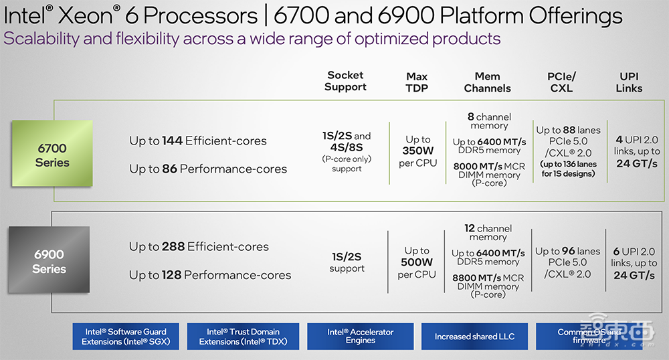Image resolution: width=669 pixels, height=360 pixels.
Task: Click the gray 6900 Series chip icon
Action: (49, 260)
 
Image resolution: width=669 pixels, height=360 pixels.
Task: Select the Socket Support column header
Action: (345, 81)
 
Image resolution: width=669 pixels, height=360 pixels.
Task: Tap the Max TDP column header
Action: (417, 82)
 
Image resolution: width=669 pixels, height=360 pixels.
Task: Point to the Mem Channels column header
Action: (488, 82)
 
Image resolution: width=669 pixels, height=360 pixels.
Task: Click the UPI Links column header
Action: (629, 82)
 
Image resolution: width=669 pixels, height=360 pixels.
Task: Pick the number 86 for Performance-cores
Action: (169, 169)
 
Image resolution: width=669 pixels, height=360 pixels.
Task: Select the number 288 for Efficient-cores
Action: (173, 247)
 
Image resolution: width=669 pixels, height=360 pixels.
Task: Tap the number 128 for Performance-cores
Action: (171, 275)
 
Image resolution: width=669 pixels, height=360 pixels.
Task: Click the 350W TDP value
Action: (417, 151)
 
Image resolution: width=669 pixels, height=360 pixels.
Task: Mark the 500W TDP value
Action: (417, 262)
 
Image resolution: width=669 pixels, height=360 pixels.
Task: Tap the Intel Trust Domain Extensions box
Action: (239, 337)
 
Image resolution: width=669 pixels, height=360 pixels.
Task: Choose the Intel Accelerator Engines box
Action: (360, 337)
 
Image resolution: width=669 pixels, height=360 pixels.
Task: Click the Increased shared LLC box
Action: (474, 337)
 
